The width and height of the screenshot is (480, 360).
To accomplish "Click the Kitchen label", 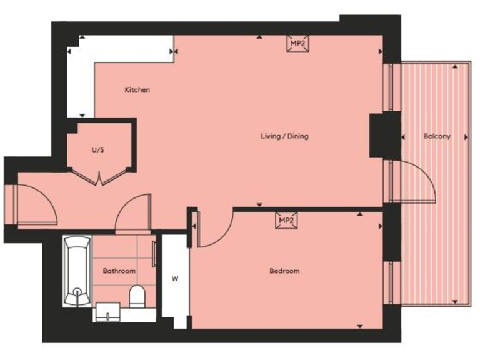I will click(137, 90).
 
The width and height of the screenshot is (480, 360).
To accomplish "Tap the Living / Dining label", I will click(284, 136).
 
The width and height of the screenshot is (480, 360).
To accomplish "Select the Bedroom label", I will click(284, 271).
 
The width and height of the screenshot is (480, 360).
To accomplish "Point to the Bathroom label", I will click(119, 271).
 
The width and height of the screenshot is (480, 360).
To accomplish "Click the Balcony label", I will click(436, 136).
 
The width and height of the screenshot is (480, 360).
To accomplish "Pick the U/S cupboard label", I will click(98, 150).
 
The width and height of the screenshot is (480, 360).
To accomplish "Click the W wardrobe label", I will click(175, 279).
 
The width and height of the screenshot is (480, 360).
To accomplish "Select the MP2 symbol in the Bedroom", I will click(286, 221).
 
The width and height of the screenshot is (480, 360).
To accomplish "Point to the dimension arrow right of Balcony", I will click(466, 136).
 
